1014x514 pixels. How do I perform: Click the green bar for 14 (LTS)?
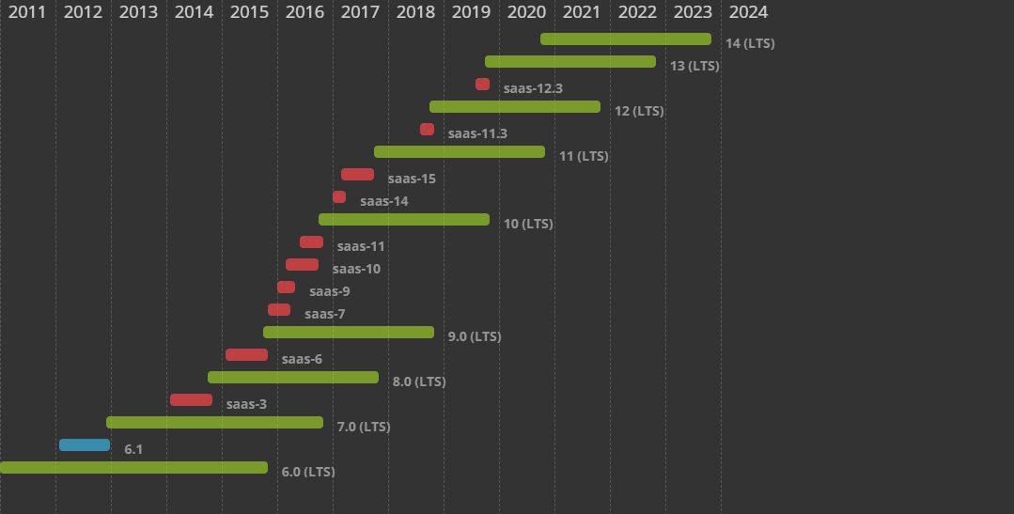[625, 39]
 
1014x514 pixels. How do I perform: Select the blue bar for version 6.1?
[85, 445]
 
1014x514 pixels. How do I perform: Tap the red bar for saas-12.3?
[482, 85]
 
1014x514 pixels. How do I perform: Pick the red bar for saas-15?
[357, 175]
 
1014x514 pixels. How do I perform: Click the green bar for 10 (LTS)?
[403, 220]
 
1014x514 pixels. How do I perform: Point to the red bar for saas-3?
[191, 400]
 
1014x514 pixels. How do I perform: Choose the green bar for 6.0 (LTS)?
[133, 468]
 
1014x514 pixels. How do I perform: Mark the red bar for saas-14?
[339, 197]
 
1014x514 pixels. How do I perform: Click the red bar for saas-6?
[246, 355]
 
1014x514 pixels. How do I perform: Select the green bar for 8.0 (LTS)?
[292, 378]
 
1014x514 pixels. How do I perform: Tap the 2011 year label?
[27, 12]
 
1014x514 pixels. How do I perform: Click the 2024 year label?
[748, 12]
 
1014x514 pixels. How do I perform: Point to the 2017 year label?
[360, 12]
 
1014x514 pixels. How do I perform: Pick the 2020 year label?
[526, 12]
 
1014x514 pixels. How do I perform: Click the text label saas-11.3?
[477, 133]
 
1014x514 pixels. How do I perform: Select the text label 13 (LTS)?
[694, 66]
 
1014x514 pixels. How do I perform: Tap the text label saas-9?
[329, 291]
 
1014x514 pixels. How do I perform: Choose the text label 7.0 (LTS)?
[364, 427]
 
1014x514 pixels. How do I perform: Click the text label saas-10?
[356, 269]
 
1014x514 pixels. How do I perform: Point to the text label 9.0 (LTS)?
[475, 336]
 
